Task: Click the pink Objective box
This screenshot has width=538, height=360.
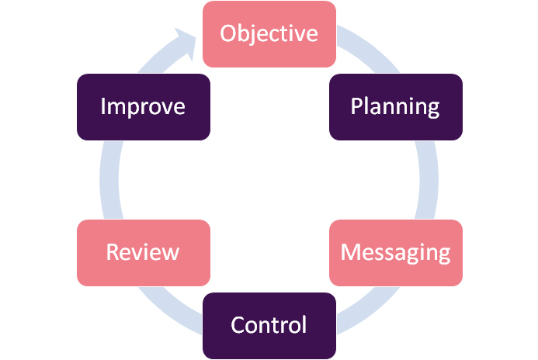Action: (x=269, y=34)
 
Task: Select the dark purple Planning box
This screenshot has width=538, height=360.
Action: (x=395, y=107)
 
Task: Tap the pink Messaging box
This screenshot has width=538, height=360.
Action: (x=395, y=252)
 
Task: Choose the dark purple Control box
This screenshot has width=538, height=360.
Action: (x=269, y=325)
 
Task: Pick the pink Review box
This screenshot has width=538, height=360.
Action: (x=144, y=252)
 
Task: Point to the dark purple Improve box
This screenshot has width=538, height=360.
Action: (x=144, y=107)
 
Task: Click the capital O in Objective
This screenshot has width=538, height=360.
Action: (x=228, y=34)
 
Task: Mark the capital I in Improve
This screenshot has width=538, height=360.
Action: (x=103, y=106)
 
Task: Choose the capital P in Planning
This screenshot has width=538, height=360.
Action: (x=356, y=106)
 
